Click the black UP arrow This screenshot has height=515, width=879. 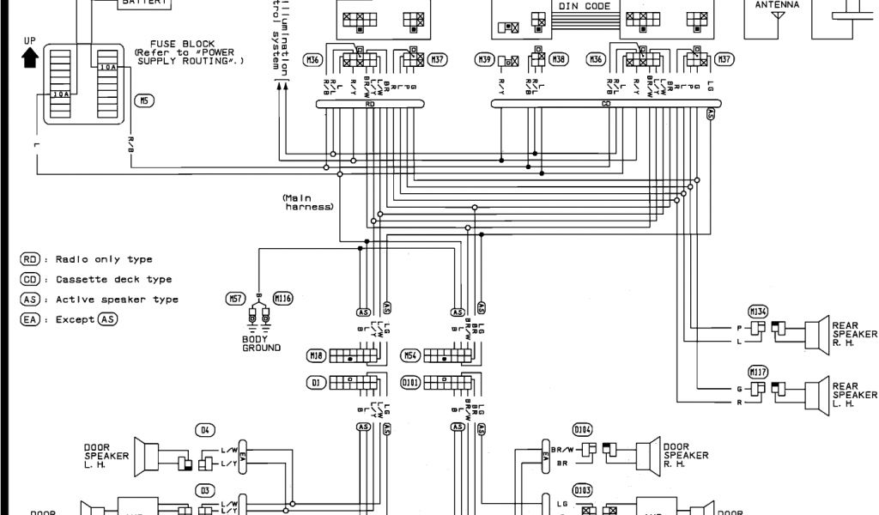tap(30, 57)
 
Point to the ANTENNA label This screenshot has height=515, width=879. tap(777, 5)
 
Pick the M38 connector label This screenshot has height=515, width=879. tap(560, 59)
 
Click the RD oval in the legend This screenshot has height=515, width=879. tap(30, 259)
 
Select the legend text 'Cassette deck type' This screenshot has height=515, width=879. tap(113, 279)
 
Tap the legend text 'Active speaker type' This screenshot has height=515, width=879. tap(117, 300)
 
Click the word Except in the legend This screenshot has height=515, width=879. tap(74, 319)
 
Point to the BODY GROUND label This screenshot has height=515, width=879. tap(261, 343)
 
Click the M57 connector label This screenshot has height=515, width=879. tap(235, 298)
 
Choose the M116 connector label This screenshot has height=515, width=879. tap(282, 298)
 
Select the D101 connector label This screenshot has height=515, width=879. tap(411, 382)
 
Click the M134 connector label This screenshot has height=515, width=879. tap(758, 311)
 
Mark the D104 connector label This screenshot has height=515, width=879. tap(583, 429)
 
